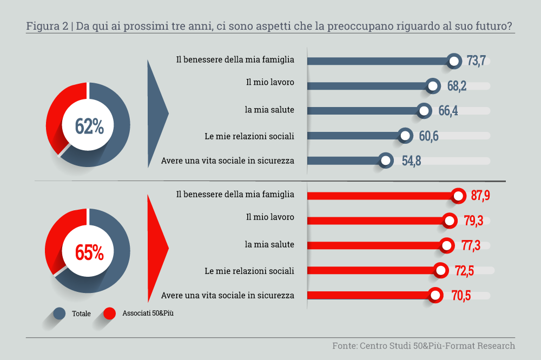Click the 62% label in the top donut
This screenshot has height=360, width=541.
89,126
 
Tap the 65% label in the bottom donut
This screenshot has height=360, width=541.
89,252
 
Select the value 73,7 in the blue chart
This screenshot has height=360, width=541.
476,61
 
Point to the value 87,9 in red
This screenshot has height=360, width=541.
480,196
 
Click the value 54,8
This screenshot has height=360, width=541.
411,161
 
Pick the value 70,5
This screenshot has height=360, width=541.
460,295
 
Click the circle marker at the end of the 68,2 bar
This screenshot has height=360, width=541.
432,86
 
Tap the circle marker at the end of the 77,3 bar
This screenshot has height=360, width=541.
446,245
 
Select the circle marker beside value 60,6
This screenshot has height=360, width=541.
405,136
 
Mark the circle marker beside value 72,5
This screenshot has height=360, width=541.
440,270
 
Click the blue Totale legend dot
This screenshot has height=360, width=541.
60,313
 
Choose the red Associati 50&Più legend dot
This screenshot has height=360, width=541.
110,313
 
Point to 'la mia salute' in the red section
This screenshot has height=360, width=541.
269,244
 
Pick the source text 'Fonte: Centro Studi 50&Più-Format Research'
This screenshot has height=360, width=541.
423,345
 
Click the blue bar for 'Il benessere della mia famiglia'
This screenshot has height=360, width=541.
379,61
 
